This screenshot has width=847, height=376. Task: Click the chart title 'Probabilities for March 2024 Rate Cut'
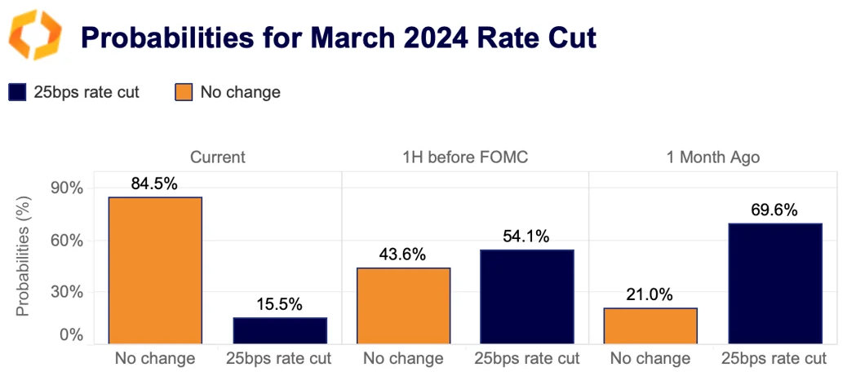click(x=337, y=38)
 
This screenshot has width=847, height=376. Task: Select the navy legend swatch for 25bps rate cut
click(x=17, y=92)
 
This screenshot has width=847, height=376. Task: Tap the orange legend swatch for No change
click(x=184, y=92)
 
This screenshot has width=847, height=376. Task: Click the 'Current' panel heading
click(x=217, y=157)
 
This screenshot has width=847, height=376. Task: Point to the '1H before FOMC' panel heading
click(x=465, y=157)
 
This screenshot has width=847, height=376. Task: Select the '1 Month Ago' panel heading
click(x=712, y=157)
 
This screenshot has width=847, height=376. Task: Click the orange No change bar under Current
click(x=155, y=270)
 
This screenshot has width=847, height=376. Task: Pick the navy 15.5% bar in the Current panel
click(x=280, y=330)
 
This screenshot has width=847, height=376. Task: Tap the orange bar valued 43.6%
click(x=403, y=305)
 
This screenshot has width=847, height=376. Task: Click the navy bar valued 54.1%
click(x=527, y=296)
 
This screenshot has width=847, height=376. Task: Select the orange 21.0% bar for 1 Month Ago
click(x=650, y=325)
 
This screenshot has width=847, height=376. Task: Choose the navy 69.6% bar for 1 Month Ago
click(x=774, y=283)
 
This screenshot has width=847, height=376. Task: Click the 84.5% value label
click(x=155, y=184)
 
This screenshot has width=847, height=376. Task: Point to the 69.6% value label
click(x=774, y=210)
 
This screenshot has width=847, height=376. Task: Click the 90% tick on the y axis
click(x=67, y=188)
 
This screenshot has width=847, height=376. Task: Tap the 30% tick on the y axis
click(x=67, y=292)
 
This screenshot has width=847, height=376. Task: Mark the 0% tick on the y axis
click(x=70, y=335)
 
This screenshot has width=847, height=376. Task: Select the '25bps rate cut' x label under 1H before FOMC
click(x=527, y=358)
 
